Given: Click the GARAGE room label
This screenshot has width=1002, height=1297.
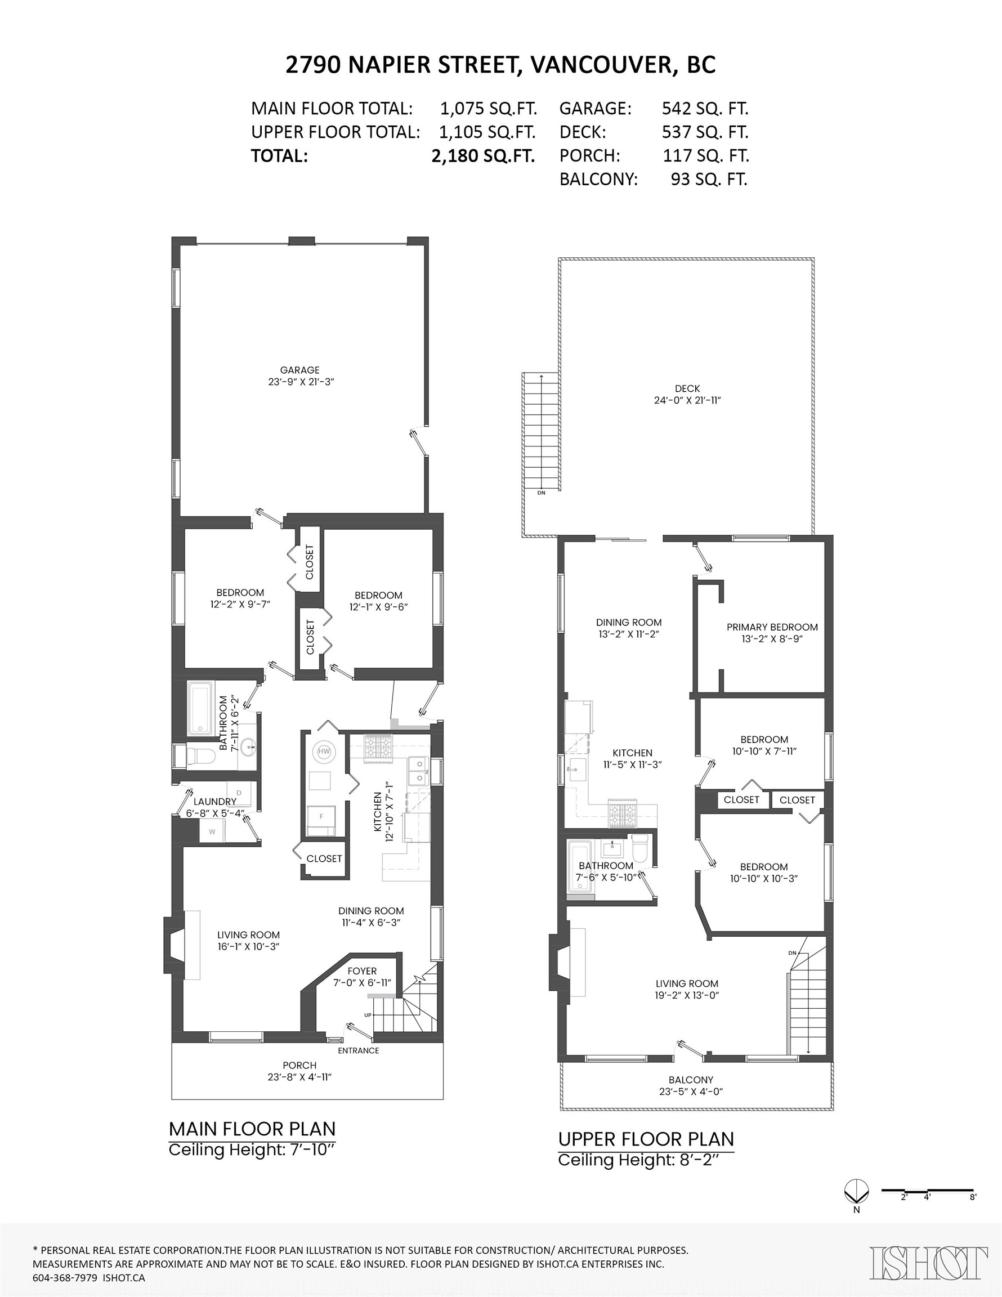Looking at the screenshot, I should [299, 370].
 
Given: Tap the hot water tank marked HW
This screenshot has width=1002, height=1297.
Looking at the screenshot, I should [324, 752].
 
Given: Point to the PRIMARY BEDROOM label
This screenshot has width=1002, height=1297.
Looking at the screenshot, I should [772, 627].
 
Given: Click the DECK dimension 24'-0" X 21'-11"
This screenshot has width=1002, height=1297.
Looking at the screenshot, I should [687, 400].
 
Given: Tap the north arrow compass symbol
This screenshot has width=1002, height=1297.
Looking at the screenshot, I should [856, 1190].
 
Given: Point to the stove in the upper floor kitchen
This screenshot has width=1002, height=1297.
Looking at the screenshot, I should [622, 813].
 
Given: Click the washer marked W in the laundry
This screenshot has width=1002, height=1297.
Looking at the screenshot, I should [212, 832].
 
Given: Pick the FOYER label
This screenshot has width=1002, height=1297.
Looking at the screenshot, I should [362, 971].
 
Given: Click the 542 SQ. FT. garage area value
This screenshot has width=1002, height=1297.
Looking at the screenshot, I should [704, 109].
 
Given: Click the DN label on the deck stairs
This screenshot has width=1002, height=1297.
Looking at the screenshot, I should [541, 493].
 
